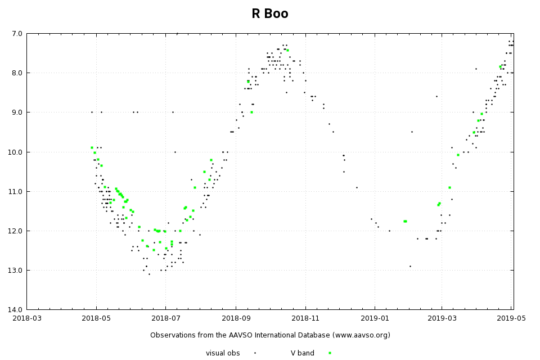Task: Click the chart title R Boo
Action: (270, 14)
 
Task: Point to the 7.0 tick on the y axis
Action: (17, 34)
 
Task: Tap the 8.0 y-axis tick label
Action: (17, 73)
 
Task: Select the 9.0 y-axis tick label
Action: (17, 112)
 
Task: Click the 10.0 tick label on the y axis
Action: (15, 152)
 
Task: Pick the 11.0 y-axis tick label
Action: (15, 191)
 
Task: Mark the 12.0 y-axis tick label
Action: (15, 231)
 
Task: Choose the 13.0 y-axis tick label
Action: (15, 270)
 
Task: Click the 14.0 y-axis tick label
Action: (15, 309)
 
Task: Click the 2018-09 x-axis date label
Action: (235, 319)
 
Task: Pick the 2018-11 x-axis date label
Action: (305, 319)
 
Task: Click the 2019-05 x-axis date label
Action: (511, 319)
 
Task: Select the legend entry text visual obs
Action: (223, 353)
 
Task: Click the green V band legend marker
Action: (330, 353)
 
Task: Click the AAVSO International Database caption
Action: (270, 335)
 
